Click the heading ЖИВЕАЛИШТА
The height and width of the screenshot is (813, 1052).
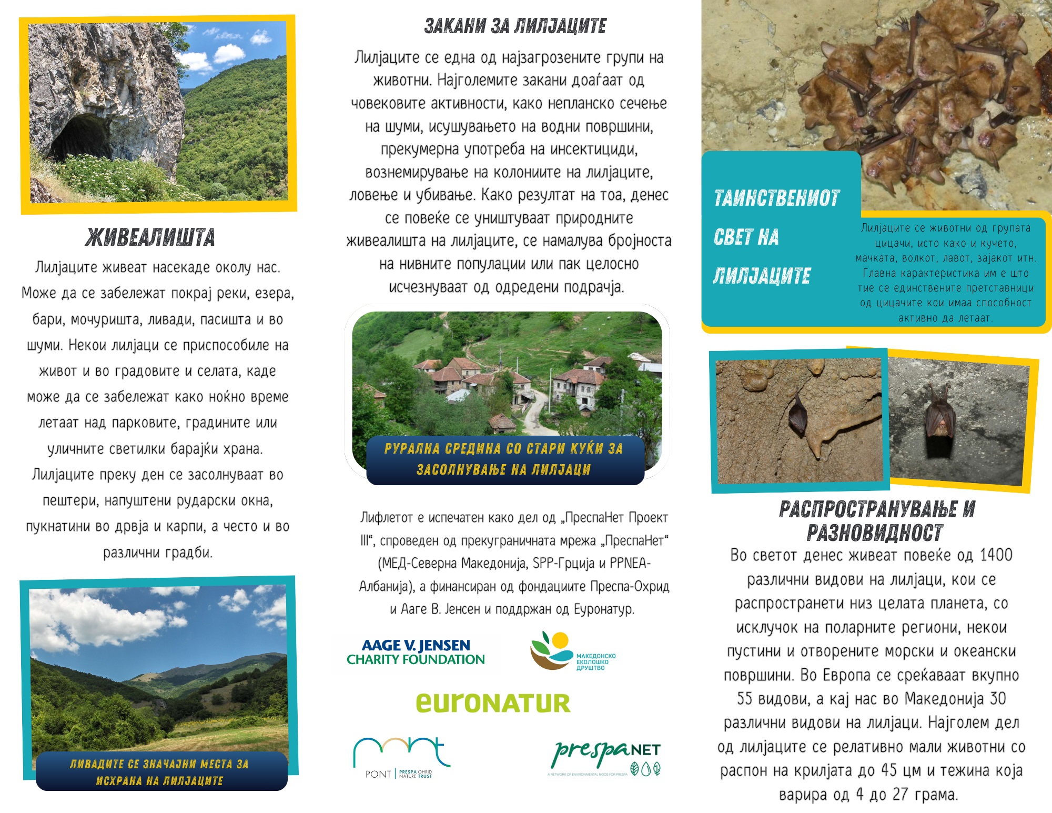point(150,237)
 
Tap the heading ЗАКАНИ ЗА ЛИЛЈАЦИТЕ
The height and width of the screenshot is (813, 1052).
point(515,26)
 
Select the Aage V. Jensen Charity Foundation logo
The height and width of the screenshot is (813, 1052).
point(416,653)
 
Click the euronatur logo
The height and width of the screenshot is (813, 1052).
point(493,703)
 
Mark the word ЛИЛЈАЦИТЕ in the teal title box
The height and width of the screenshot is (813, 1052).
point(762,276)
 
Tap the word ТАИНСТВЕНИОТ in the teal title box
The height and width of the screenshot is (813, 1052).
point(776,198)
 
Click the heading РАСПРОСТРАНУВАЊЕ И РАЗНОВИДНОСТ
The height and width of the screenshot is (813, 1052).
point(876,521)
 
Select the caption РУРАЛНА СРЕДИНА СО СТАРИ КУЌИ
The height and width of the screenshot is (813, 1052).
point(504,458)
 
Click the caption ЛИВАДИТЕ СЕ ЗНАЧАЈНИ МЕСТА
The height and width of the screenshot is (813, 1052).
point(159,772)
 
